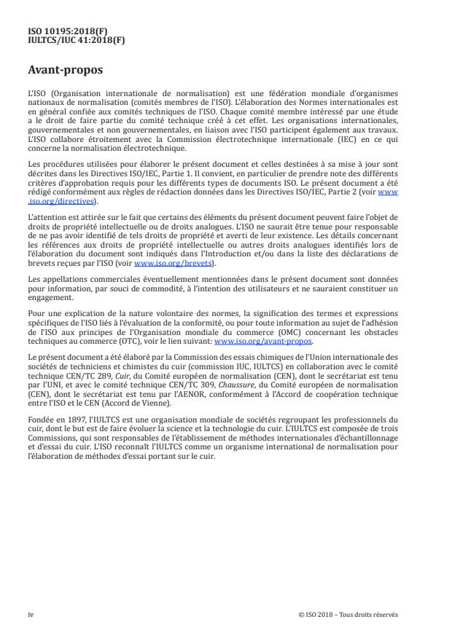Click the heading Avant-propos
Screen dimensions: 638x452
(66, 71)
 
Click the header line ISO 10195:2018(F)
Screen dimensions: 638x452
(61, 32)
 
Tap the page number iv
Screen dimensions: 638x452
(31, 613)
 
